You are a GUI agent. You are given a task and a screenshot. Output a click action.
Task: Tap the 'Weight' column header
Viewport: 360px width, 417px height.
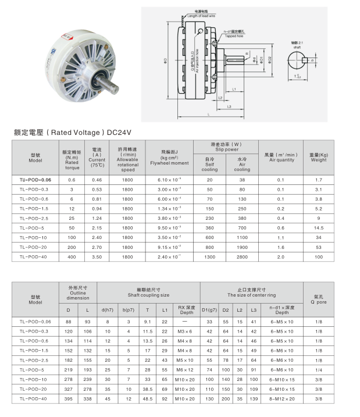click(319, 157)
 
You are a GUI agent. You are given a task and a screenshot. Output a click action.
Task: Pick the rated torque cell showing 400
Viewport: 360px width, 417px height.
click(72, 256)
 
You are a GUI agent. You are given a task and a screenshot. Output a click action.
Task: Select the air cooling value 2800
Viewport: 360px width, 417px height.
click(242, 256)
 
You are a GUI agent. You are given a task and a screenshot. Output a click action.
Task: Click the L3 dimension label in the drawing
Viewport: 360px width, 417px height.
click(230, 107)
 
